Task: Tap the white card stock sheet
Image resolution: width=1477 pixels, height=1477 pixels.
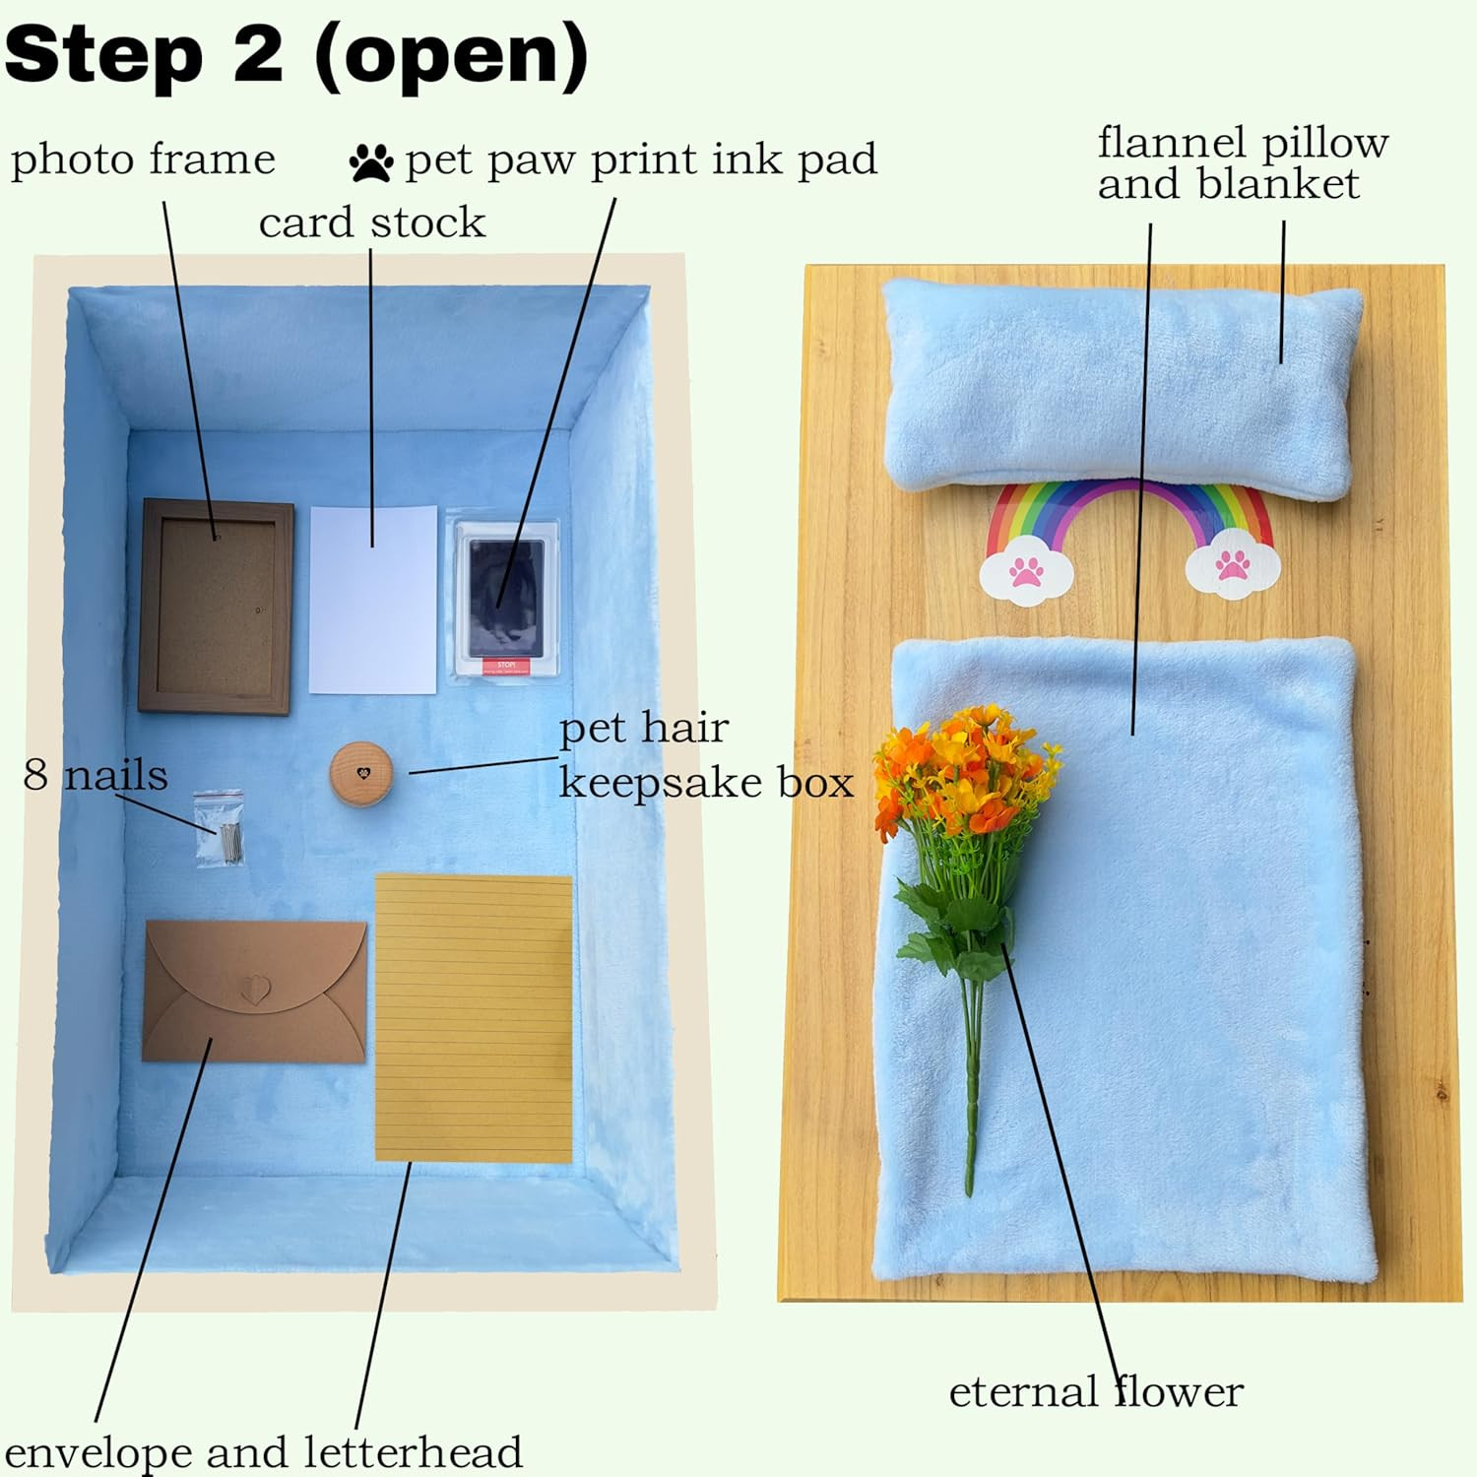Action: (373, 601)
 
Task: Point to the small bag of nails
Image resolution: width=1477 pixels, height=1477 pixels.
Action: (219, 828)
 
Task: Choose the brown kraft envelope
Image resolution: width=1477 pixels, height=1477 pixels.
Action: (255, 992)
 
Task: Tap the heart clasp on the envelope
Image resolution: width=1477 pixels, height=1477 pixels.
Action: (254, 987)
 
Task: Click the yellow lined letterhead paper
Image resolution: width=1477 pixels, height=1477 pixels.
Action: (474, 1017)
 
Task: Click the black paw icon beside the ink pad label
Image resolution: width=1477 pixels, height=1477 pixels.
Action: (371, 162)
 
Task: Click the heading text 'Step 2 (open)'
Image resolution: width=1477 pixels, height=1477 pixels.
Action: (296, 55)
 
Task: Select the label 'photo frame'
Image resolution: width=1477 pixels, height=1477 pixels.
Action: (143, 159)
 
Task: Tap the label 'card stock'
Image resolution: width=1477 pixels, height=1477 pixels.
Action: (372, 223)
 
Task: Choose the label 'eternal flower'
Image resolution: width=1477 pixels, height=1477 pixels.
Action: (1096, 1391)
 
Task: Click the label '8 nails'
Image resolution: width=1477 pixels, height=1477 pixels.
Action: (96, 775)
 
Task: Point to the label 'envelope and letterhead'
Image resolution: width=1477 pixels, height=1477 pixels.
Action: (263, 1452)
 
